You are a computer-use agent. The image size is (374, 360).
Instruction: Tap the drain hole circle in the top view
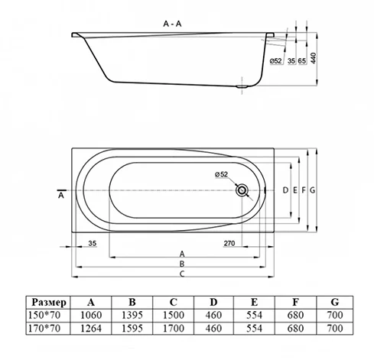tap(243, 190)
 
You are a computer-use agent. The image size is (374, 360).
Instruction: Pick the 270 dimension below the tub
tap(228, 244)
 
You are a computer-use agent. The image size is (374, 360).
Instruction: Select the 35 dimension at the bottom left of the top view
tap(91, 244)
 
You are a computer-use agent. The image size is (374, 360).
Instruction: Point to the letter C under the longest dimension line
tap(182, 274)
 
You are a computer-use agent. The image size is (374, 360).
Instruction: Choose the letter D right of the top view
tap(285, 189)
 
